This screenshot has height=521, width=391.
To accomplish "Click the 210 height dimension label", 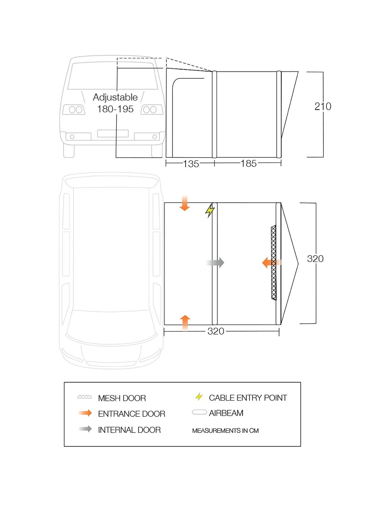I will coord(323,107).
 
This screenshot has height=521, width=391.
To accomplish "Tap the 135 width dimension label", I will coord(191,164).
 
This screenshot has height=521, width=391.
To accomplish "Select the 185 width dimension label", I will coord(249,164).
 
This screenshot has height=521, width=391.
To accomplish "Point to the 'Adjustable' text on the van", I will coord(115,97).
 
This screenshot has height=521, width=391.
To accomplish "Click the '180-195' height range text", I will coord(115,109).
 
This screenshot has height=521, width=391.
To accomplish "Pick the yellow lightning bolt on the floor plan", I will coord(210,210).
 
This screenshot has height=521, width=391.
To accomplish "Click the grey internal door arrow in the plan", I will coord(215,263).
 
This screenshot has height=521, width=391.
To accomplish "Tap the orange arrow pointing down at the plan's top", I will coord(184,203).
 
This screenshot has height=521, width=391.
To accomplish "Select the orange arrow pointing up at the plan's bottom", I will coord(185,322).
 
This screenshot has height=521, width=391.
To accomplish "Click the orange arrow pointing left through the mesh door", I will coord(271,263).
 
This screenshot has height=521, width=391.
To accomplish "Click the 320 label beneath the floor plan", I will coord(216,331).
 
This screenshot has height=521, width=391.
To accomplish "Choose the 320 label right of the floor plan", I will coord(315,259).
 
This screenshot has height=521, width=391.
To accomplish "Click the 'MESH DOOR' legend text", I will coord(122,398).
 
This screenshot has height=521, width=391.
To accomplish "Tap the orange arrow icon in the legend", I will coord(85,413).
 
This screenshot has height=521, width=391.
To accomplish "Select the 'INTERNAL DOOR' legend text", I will coord(129,430).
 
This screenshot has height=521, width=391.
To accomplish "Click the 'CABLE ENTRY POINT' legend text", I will coord(248,398).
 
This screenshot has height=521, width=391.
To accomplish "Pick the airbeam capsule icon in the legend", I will coord(199,412).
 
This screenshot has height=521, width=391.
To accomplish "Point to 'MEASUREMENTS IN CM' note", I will coord(225,431).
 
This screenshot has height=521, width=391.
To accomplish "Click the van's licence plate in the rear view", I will coord(113,133).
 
